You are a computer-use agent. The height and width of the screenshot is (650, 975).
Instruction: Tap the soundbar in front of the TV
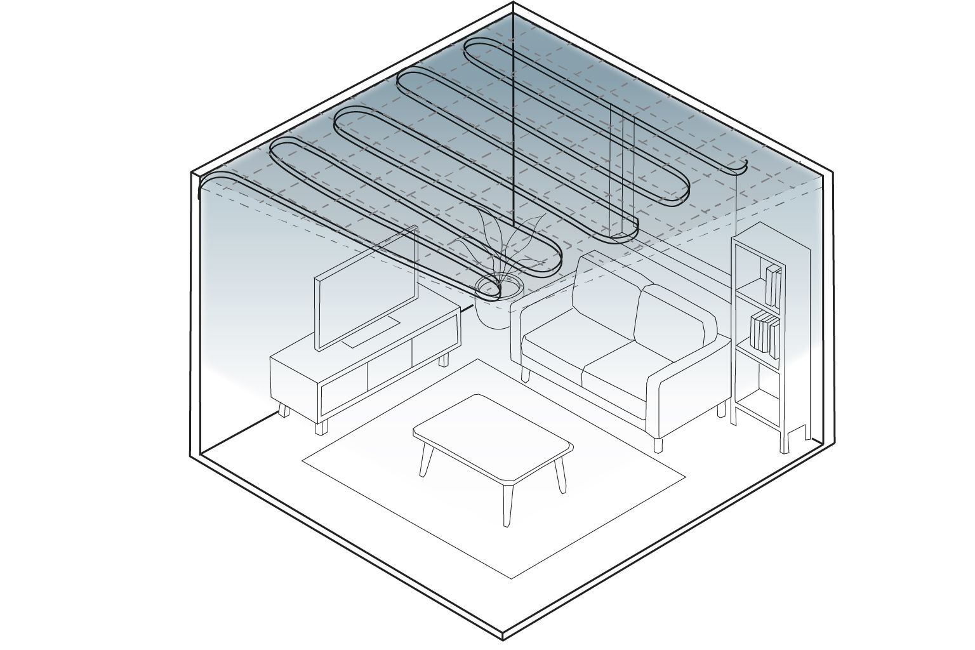point(371,334)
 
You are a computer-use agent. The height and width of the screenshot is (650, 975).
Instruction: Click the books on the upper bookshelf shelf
point(773,286)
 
